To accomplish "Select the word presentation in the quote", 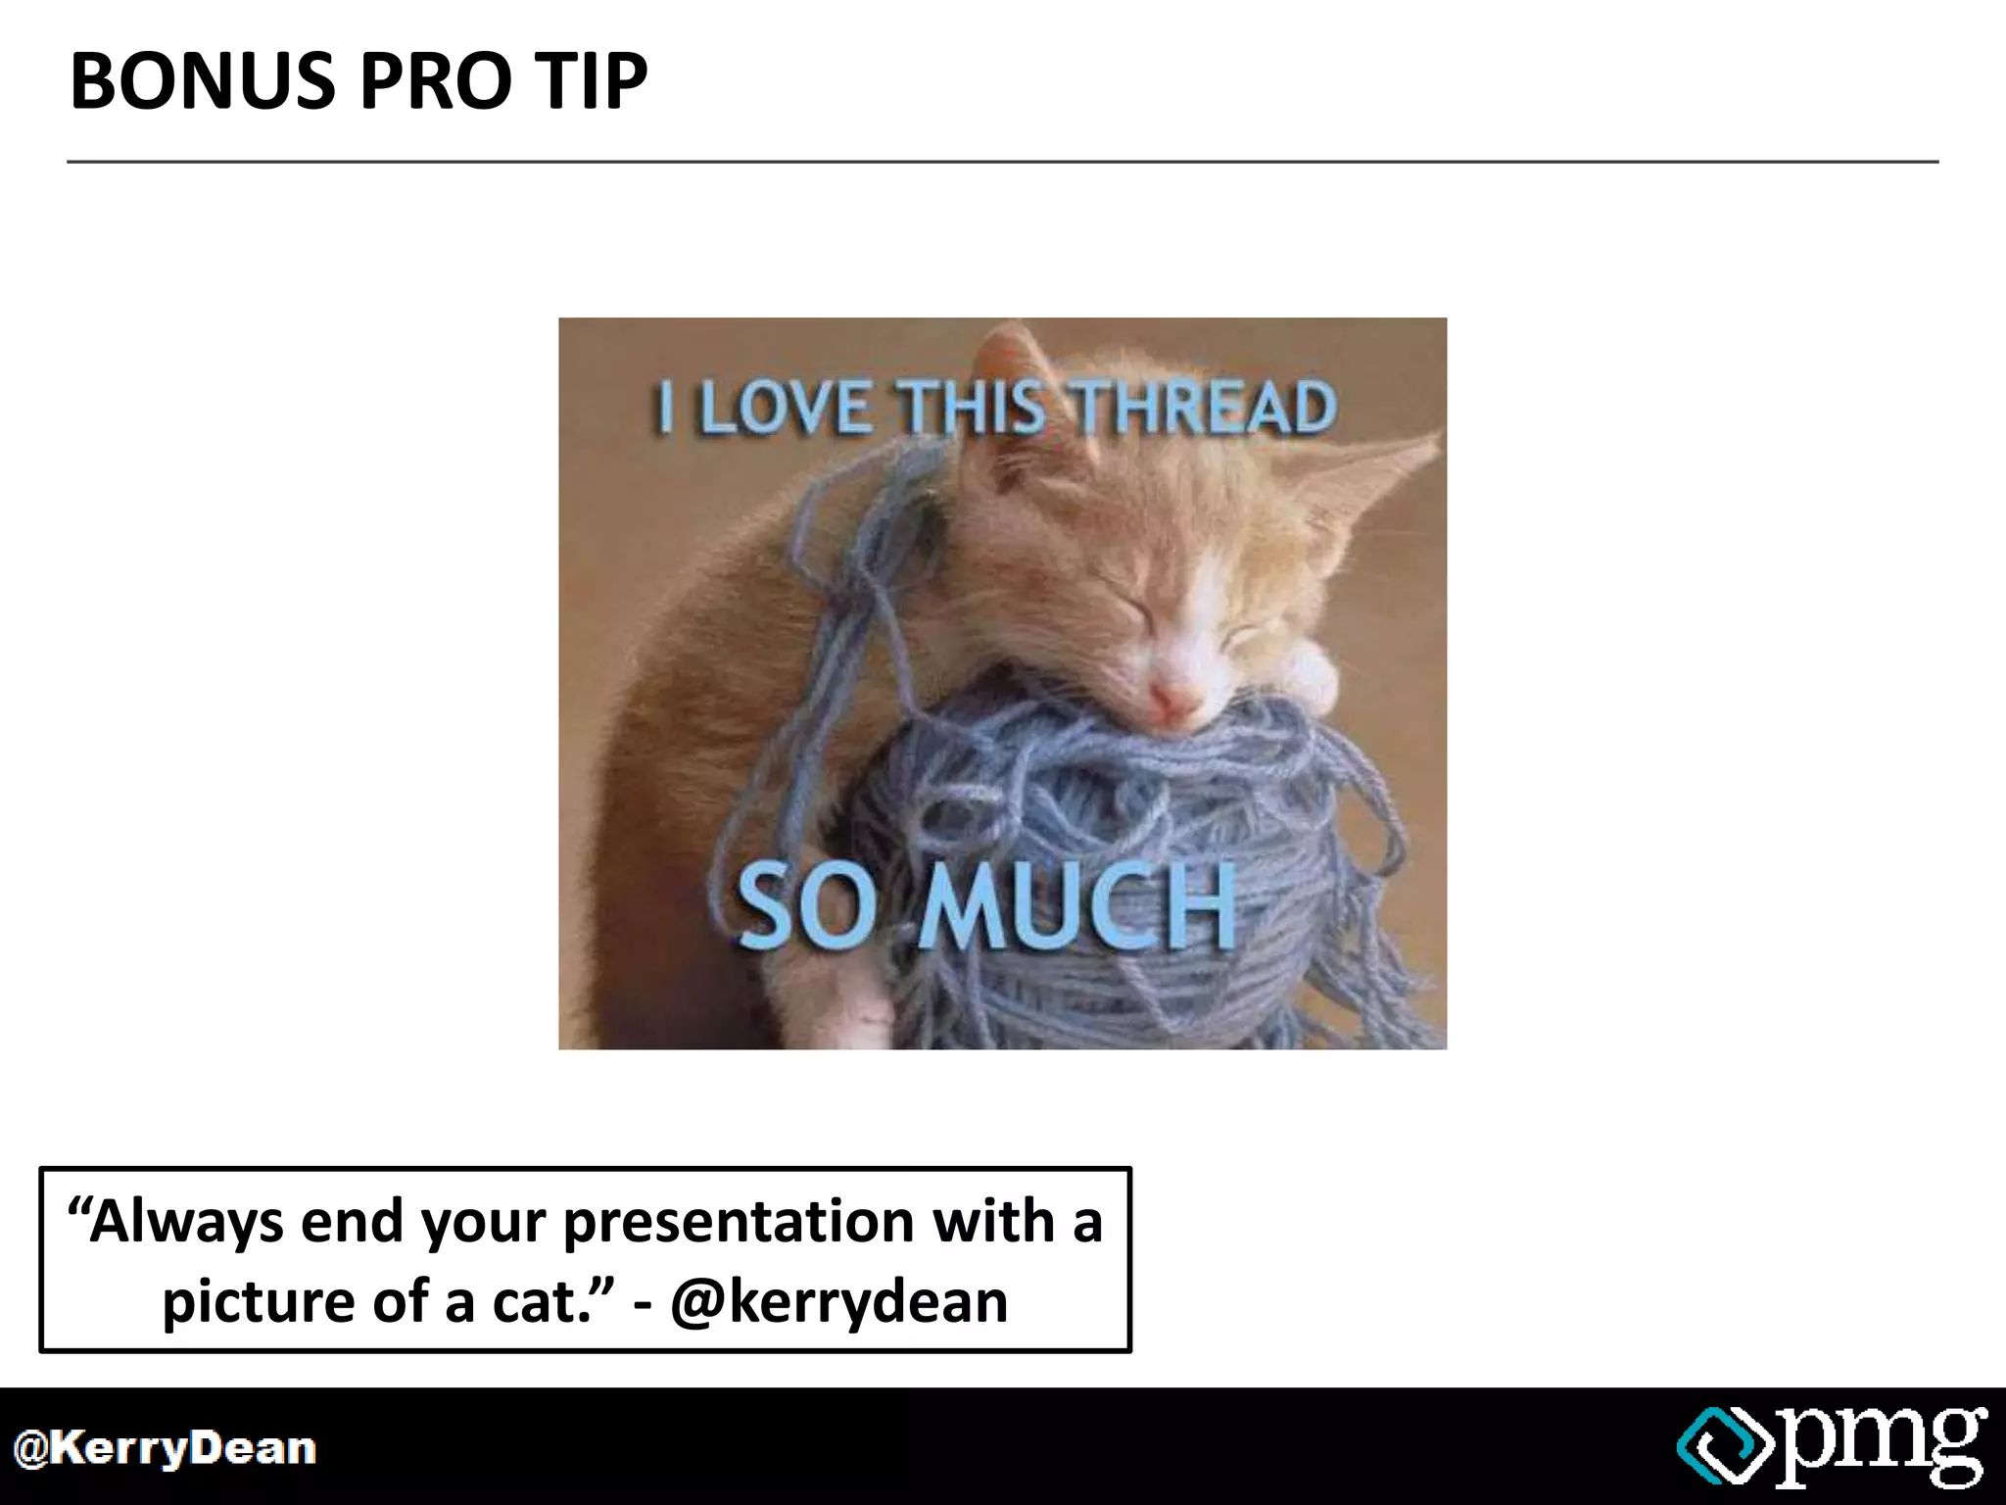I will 740,1222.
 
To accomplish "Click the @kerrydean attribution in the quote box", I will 839,1302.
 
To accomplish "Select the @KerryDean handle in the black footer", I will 165,1449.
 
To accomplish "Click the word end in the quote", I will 352,1222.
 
